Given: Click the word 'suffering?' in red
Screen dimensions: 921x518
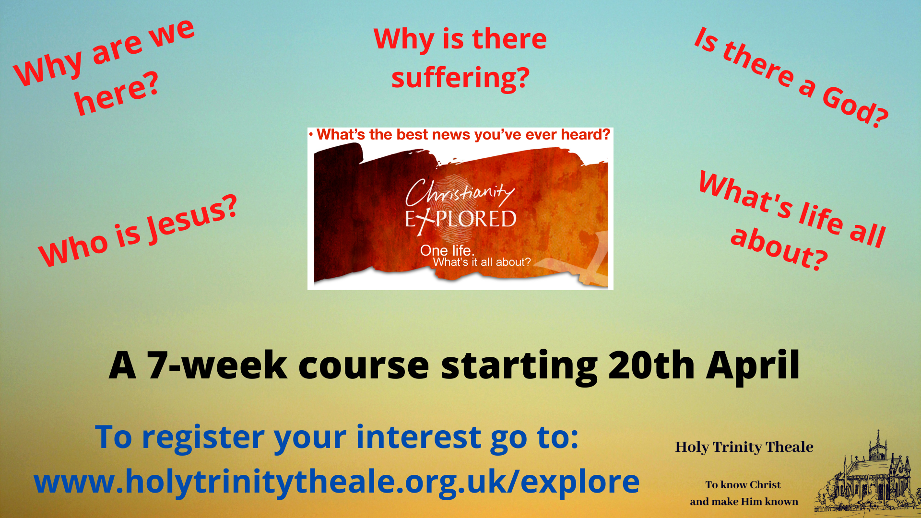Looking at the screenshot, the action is (x=460, y=78).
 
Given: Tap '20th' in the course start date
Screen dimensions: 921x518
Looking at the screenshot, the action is (x=651, y=365).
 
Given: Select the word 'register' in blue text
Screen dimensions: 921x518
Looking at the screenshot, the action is (x=203, y=438).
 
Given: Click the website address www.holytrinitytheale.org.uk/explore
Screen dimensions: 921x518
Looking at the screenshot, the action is (x=337, y=482).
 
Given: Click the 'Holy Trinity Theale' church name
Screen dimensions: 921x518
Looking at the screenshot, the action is (x=744, y=447).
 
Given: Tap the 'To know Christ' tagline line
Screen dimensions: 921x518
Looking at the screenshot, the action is (x=743, y=485).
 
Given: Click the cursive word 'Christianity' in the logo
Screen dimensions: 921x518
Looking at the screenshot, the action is (x=460, y=193).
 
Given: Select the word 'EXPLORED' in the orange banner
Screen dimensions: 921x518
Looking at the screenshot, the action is (x=460, y=220).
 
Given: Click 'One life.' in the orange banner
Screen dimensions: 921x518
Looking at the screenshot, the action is (x=447, y=250).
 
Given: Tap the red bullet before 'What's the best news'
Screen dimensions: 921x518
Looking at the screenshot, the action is (x=311, y=134).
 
